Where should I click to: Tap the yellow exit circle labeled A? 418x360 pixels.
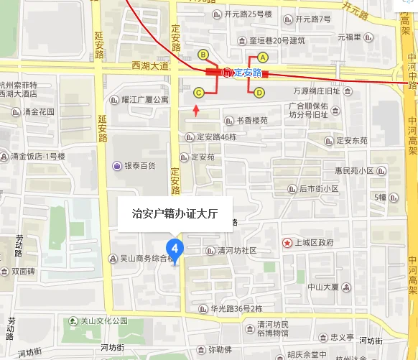[263, 57]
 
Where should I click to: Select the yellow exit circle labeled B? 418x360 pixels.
[203, 54]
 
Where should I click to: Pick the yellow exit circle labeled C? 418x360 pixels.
[198, 92]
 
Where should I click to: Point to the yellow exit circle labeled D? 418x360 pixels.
[259, 92]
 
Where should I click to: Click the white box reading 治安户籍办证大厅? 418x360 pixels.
[175, 213]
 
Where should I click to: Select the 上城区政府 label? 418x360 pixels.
[314, 242]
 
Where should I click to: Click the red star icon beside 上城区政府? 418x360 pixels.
[287, 242]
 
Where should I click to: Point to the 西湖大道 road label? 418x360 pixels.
[149, 66]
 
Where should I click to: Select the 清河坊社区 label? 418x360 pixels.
[231, 250]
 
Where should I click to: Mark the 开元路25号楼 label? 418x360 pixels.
[248, 14]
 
